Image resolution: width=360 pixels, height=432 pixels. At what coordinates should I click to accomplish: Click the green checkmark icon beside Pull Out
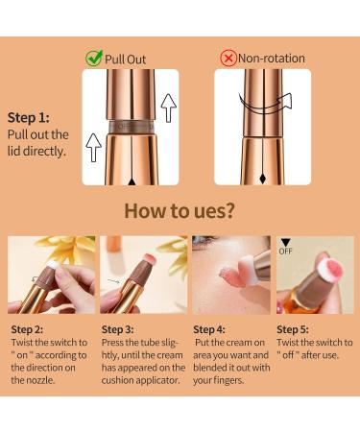pos(94,58)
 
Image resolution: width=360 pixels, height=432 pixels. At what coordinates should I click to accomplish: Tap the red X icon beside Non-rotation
pos(228,59)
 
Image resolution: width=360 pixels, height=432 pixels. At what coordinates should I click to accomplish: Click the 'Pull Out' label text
pos(125,60)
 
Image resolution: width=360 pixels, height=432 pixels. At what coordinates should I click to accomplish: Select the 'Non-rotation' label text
pos(272,59)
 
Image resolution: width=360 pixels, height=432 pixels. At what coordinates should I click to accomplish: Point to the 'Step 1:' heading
pos(29,117)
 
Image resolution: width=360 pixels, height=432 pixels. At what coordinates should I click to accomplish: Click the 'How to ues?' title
pos(180,211)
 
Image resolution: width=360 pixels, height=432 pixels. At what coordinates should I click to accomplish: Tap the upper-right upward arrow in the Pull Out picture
pos(168,108)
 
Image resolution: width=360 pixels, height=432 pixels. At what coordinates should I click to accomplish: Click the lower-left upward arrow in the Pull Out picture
pos(93,148)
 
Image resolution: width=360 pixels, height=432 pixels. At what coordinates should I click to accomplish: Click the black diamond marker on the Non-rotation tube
pos(262,179)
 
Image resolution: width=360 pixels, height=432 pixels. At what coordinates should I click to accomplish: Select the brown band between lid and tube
pos(131,127)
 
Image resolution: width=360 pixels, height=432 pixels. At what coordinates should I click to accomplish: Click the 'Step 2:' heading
pos(27,329)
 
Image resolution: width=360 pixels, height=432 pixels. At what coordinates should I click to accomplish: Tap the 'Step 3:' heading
pos(117,329)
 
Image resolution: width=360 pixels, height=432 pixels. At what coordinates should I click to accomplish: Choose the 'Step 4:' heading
pos(209,329)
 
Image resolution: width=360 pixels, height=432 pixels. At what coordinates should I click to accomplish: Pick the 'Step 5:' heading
pos(293,329)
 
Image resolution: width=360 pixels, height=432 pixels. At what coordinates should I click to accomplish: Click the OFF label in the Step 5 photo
pos(285,252)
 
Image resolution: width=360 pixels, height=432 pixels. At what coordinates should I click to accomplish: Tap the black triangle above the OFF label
pos(285,243)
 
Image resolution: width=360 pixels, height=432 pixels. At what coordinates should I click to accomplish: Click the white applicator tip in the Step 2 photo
pos(53,265)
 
